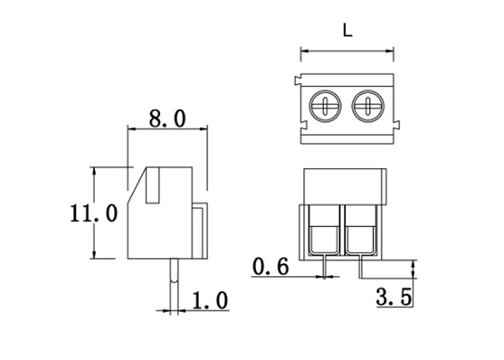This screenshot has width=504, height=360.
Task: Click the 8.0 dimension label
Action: coord(167,118)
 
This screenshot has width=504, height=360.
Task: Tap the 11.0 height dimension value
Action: coord(93,213)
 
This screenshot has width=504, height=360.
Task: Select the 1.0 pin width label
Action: coord(210,300)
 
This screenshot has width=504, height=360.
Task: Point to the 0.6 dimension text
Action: coord(271,267)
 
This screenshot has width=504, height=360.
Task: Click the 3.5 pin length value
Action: coord(394,297)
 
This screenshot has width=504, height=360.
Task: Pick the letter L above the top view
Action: coord(347,31)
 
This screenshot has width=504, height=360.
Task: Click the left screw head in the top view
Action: coord(325,106)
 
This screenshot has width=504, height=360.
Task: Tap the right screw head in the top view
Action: coord(368,106)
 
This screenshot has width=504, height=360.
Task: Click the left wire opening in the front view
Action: coord(324,239)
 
